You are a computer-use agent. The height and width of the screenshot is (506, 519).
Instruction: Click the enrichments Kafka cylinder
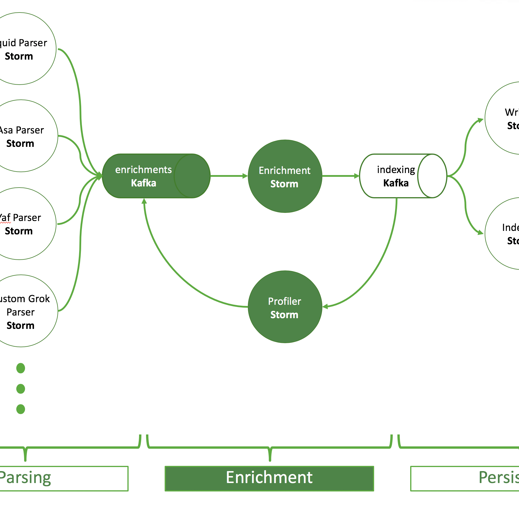point(151,176)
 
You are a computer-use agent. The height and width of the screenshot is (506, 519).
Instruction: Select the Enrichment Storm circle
point(285,176)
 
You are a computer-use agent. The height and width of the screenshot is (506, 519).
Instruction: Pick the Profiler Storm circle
point(285,307)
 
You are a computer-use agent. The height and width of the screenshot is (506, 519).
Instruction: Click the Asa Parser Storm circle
point(23,136)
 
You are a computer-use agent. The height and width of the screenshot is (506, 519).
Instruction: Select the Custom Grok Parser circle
point(23,311)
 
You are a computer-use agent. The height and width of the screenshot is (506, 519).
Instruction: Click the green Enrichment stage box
point(269,478)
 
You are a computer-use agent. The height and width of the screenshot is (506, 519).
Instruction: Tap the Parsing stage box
point(64,478)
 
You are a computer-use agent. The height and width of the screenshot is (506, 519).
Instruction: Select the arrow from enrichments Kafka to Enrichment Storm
point(229,176)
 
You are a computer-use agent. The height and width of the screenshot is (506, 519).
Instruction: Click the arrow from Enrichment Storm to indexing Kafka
point(340,176)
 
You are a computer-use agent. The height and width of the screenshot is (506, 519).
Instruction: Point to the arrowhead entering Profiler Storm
point(325,306)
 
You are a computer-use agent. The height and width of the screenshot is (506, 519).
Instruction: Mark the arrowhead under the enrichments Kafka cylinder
point(144,201)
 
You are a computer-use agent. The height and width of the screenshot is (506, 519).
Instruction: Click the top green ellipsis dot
point(21,368)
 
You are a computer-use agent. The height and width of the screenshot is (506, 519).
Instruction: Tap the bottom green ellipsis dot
point(21,409)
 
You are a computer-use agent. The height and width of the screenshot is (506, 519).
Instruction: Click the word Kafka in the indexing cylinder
point(396,183)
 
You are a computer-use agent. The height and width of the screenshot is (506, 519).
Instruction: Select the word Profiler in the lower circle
point(284,301)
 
